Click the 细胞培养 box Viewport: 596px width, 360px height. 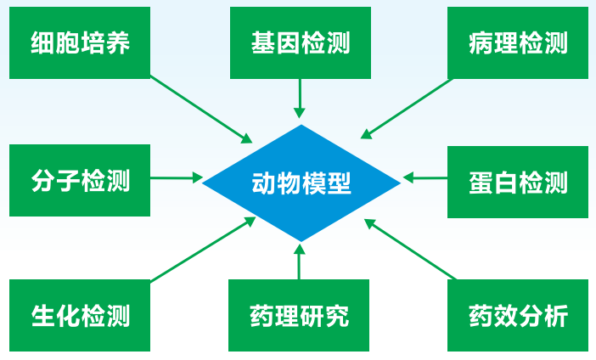coord(80,42)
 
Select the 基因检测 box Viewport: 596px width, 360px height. coord(301,42)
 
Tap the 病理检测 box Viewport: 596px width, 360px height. coord(518,42)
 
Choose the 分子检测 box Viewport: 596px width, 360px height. coord(80,180)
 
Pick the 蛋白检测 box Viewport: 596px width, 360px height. coord(518,182)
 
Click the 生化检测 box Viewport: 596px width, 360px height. coord(80,315)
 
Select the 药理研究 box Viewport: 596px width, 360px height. coord(299,315)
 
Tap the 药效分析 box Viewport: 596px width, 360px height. coord(518,315)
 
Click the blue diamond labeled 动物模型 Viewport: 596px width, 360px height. coord(301,183)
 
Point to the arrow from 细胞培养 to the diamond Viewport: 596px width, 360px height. coord(201,110)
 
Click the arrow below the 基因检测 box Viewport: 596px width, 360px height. coord(300,98)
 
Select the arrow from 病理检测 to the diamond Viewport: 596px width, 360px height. coord(407,109)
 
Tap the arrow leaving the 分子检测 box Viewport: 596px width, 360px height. coord(177,177)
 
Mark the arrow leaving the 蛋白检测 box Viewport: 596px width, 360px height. coord(425,177)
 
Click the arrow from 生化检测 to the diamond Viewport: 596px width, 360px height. coord(204,250)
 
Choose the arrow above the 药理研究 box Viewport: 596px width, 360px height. coord(300,262)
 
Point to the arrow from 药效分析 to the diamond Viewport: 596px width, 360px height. coord(411,250)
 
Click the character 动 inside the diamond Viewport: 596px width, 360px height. coord(264,183)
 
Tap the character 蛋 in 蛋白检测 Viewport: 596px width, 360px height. coord(481,183)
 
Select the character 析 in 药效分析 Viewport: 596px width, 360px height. coord(556,316)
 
